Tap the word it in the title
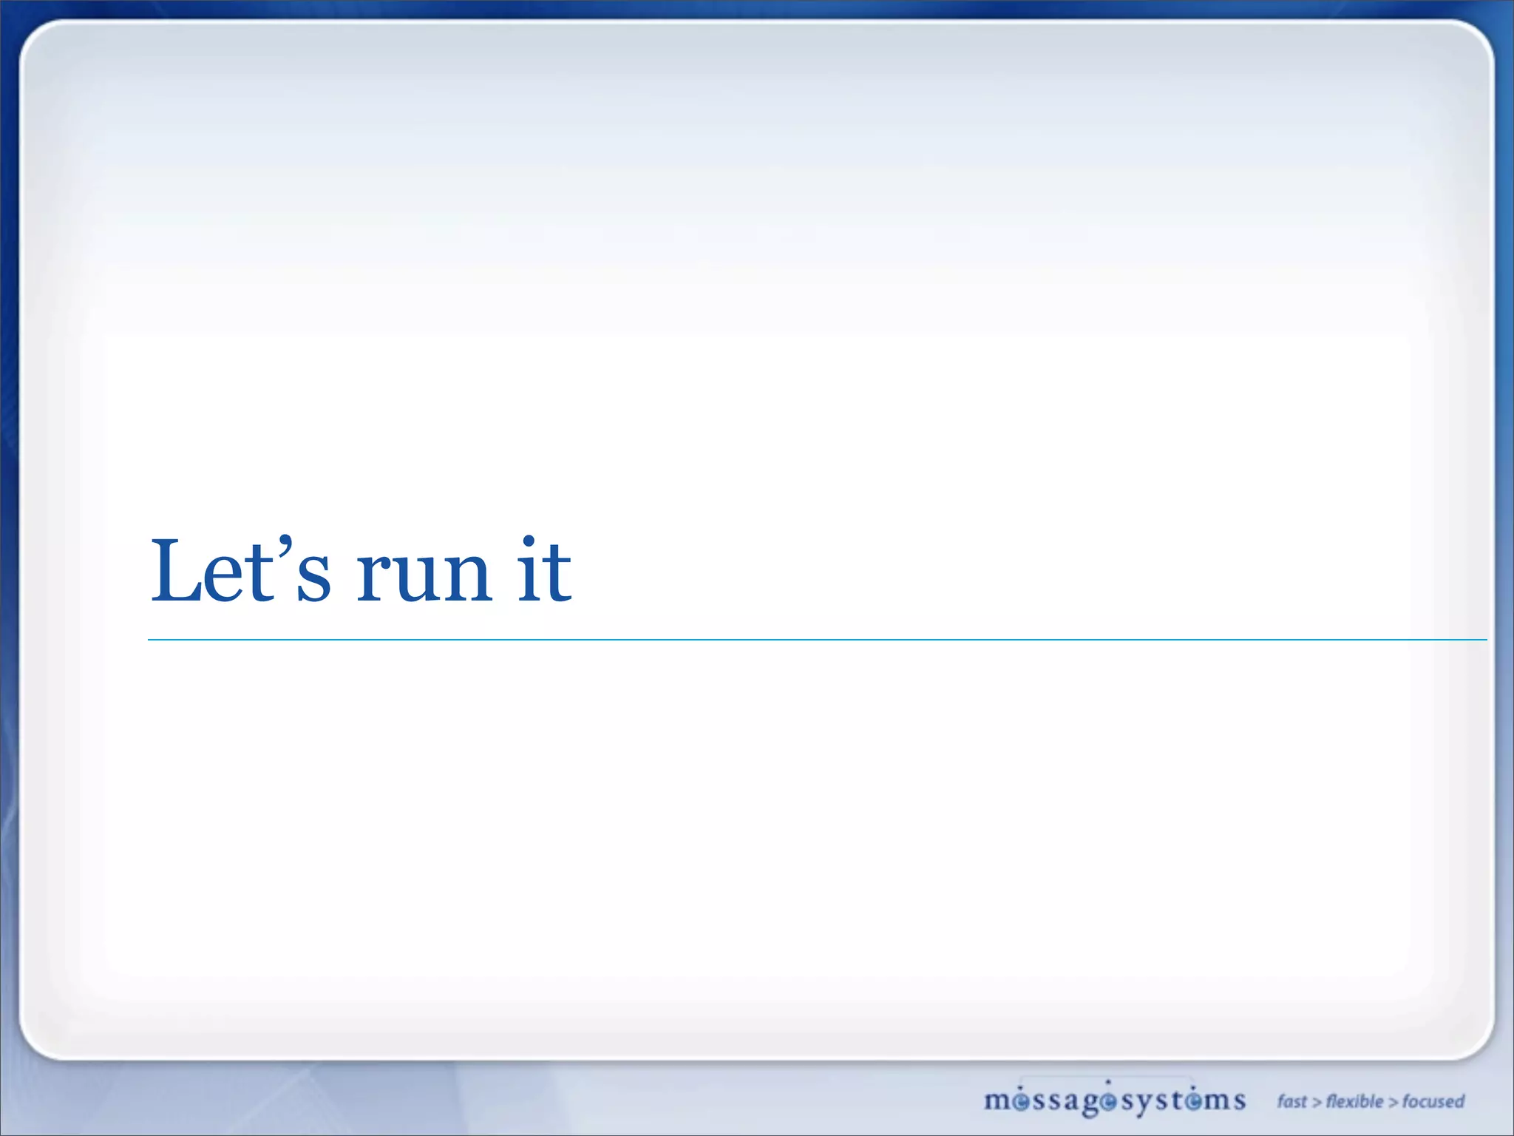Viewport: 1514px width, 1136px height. coord(544,569)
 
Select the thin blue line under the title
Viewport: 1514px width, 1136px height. coord(813,640)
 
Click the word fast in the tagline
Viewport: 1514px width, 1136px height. coord(1291,1101)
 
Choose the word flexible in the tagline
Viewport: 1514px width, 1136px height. coord(1354,1101)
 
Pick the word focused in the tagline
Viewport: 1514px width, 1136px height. coord(1433,1101)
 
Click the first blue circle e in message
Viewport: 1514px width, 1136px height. coord(1021,1102)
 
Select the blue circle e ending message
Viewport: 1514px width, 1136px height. coord(1107,1102)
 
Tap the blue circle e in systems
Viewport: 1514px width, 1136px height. coord(1195,1102)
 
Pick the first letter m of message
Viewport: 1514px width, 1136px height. coord(997,1101)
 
